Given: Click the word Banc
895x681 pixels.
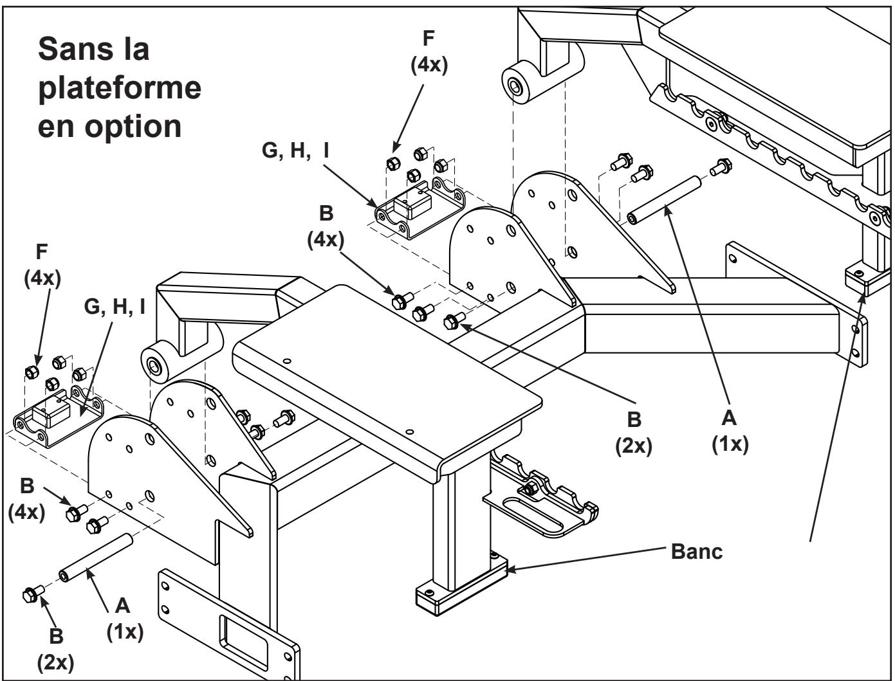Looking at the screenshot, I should click(696, 551).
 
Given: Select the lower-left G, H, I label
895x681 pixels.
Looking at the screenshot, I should click(115, 306).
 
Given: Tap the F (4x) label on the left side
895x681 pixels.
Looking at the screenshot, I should click(42, 264).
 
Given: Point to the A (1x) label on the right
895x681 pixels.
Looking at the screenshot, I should click(729, 431).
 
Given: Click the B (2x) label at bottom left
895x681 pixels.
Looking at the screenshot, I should click(56, 649).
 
